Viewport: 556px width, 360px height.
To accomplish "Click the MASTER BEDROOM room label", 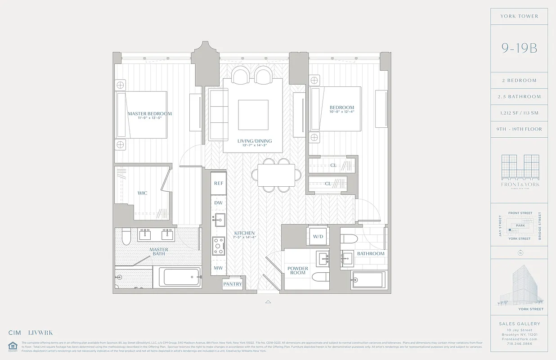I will (x=149, y=114).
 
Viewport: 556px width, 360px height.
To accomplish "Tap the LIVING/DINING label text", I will (x=255, y=141).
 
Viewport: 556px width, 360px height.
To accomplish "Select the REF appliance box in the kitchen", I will (x=219, y=183).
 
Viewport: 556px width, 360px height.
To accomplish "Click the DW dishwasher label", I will (x=219, y=203).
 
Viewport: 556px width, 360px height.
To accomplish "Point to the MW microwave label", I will (x=219, y=268).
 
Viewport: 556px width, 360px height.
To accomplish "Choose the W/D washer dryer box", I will (x=318, y=237).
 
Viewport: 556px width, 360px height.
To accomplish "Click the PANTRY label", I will (x=233, y=284).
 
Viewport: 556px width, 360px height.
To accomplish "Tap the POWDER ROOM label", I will (x=298, y=270).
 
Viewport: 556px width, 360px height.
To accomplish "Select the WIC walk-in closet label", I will (x=142, y=193).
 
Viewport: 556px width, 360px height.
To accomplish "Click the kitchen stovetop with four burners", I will (x=219, y=246).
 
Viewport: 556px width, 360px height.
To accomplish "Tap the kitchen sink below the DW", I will (x=219, y=220).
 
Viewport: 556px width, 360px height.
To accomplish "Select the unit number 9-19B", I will (x=519, y=48).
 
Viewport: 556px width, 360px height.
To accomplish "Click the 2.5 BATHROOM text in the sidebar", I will (x=519, y=97).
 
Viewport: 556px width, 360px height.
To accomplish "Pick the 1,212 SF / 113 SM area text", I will (x=519, y=113).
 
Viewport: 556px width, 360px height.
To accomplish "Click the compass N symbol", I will (x=520, y=253).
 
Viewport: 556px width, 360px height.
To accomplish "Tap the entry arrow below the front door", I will (x=268, y=302).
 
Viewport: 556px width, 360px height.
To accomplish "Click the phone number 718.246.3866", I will (x=519, y=343).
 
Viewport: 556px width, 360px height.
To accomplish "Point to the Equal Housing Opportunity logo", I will (x=12, y=346).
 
